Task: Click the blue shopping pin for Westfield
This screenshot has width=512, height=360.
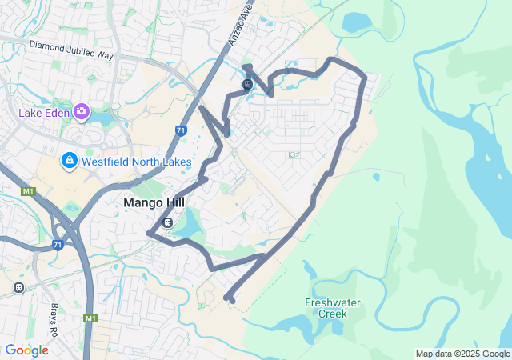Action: pos(69,162)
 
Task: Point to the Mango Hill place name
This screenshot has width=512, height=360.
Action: pos(154,203)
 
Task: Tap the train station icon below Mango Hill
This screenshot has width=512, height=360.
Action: pos(167,222)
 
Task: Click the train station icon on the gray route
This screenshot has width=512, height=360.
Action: pos(248,83)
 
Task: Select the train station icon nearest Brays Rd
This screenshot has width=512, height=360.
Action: pos(18,286)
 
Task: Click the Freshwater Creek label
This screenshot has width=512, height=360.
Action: pos(333,308)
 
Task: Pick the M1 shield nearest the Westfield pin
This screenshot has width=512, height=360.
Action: pos(29,191)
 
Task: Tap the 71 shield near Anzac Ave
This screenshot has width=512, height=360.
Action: pos(181,130)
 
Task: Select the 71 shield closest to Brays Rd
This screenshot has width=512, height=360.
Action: pos(57,244)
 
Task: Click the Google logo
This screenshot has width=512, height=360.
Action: pos(27,350)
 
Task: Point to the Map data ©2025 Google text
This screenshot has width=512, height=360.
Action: pos(462,354)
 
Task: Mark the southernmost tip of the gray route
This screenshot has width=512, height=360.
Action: pos(232,301)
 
